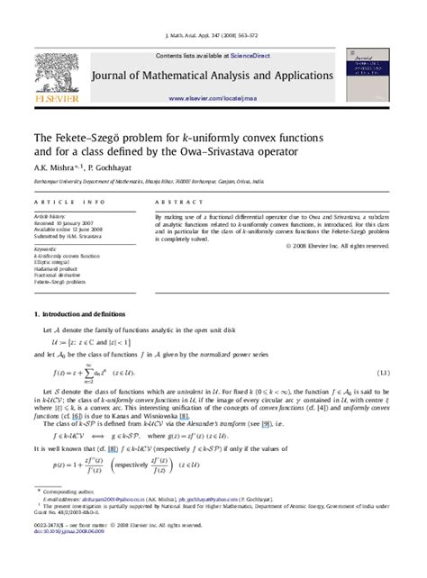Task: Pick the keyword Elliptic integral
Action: (53, 260)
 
